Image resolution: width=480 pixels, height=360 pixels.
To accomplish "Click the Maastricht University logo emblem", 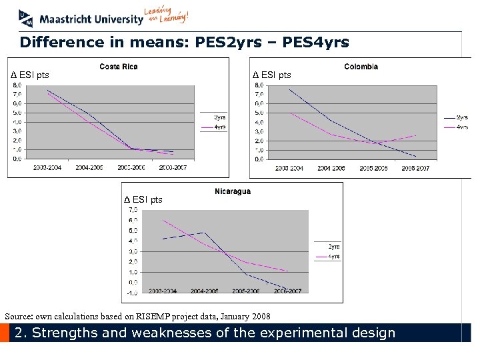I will (25, 17).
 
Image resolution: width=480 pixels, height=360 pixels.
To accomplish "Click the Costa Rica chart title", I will (119, 67).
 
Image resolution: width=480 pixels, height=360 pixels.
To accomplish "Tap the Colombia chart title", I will (361, 67).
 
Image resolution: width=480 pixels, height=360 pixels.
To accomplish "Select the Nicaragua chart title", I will (233, 192).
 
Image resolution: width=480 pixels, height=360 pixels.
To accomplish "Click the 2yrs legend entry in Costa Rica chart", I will (219, 118).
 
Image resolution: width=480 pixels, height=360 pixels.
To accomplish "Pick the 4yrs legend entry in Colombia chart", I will (461, 127).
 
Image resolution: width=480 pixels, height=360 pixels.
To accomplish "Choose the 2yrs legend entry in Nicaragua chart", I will (334, 247).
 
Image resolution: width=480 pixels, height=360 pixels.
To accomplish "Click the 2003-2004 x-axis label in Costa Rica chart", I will (47, 168).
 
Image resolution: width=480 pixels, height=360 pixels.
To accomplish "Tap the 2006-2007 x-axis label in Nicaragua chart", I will (288, 291).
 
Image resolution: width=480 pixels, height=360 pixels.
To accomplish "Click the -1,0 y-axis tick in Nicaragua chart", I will (133, 293).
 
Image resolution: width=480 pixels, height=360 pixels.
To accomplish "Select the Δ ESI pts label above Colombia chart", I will (272, 75).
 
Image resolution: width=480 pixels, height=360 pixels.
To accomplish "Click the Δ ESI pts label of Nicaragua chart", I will (143, 199).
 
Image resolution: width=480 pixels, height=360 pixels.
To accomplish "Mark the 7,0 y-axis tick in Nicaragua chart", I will (133, 210).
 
